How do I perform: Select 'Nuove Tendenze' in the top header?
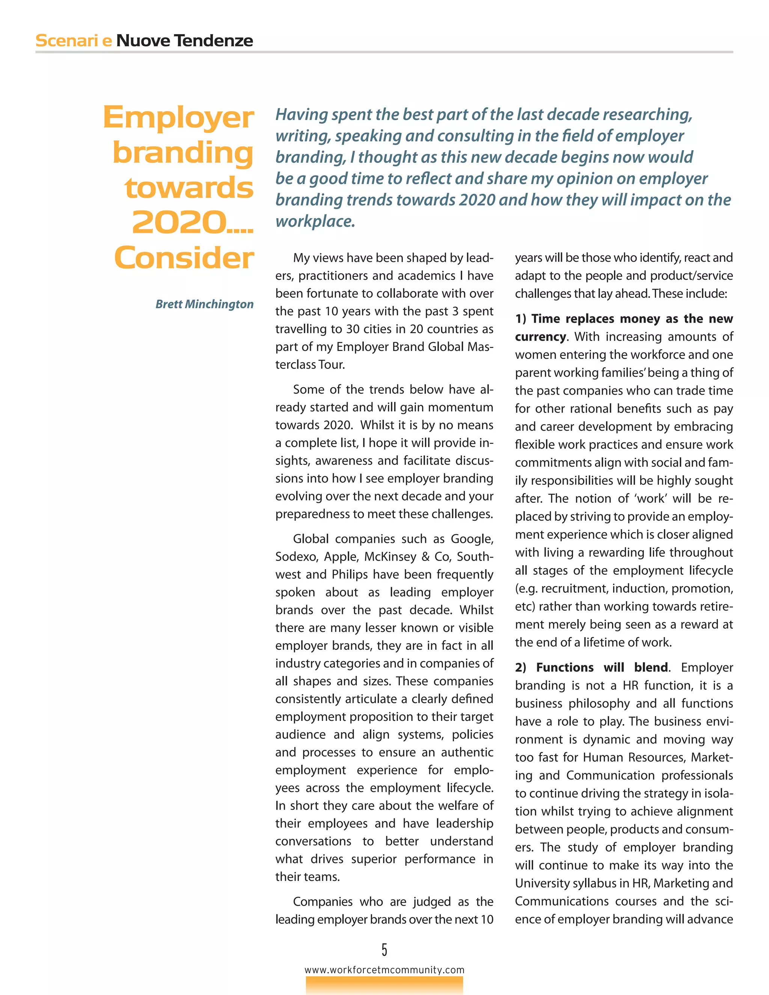184,41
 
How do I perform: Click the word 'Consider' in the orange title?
184,258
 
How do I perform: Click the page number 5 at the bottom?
384,950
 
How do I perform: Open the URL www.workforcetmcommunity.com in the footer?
384,970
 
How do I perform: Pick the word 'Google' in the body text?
472,539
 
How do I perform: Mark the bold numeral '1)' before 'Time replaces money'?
521,319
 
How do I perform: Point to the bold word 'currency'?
540,337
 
